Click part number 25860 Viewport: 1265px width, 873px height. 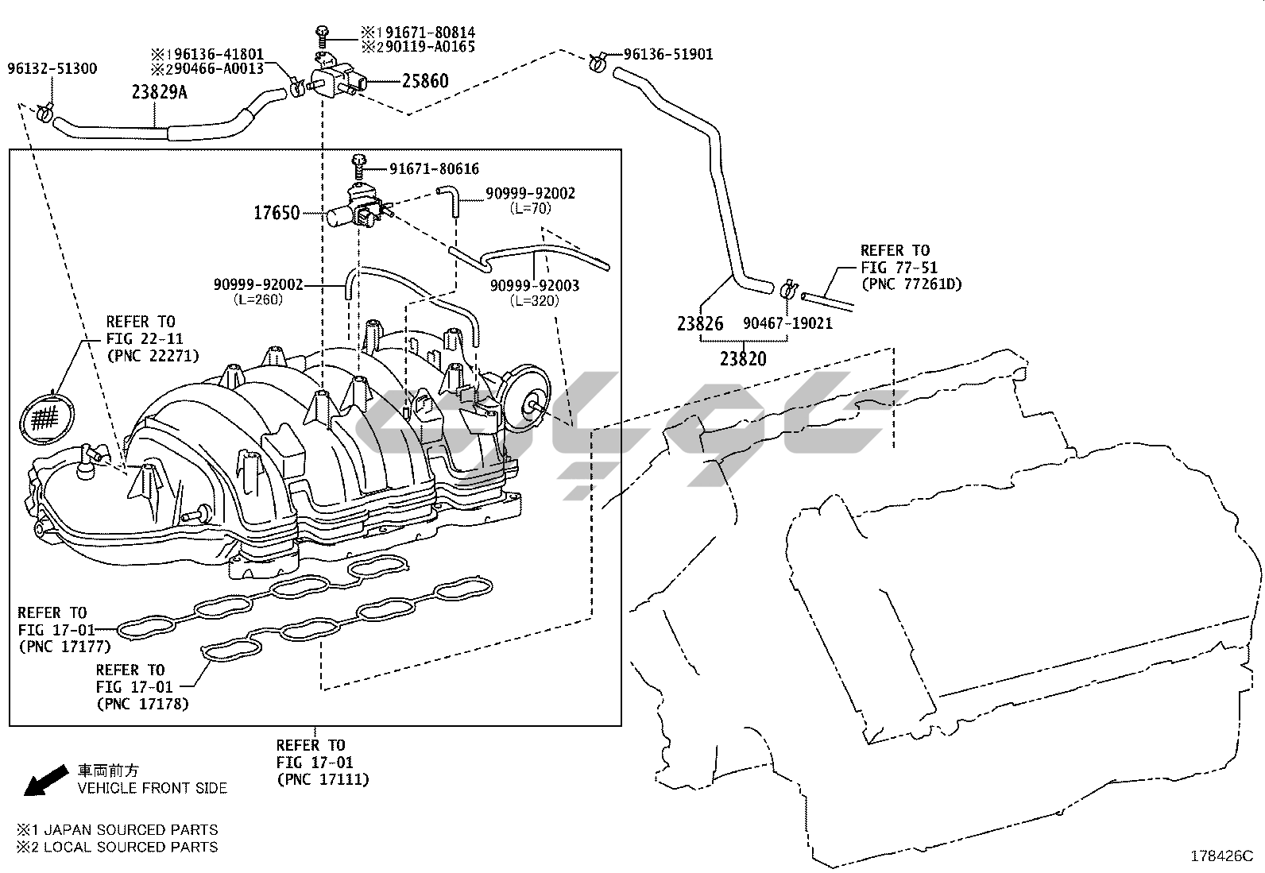425,81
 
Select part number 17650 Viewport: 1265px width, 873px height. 277,213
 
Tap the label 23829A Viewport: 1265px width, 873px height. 159,92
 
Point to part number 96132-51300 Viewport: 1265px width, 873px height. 52,68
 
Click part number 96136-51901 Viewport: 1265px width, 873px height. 668,54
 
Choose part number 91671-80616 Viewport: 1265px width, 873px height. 435,169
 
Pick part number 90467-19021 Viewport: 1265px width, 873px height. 787,323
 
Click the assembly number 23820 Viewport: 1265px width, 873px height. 743,358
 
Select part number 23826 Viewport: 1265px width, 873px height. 700,323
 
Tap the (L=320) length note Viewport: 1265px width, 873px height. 534,301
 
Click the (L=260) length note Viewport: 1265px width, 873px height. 258,299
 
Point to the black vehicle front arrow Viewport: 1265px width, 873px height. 46,781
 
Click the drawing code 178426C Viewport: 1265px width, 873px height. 1222,856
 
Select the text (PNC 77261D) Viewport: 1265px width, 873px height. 911,284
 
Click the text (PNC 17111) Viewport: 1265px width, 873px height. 323,779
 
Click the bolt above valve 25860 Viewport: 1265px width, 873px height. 323,36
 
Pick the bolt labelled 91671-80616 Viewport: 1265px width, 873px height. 358,166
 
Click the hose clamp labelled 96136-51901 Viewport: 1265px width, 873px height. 597,60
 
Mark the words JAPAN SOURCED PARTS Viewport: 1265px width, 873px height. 131,829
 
